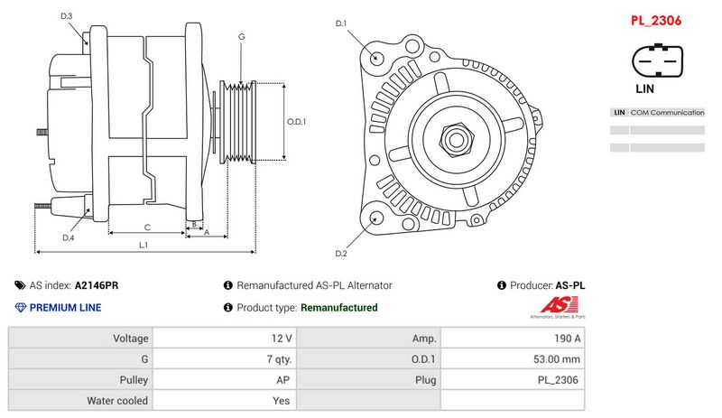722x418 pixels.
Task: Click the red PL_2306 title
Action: pos(655,21)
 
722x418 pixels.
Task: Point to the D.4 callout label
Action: pos(68,237)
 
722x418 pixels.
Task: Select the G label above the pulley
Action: pos(241,36)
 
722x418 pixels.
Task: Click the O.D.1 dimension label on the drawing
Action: pos(297,121)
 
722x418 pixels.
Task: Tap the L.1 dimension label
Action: pos(143,246)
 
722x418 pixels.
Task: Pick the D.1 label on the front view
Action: pos(341,23)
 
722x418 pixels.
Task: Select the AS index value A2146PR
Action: pos(97,285)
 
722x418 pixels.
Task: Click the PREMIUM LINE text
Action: pos(65,308)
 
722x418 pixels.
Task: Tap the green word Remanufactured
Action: pos(338,308)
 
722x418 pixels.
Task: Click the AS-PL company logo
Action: pos(556,308)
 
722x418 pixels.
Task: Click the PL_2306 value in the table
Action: pos(559,380)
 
